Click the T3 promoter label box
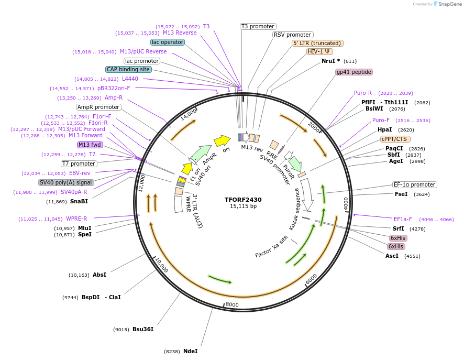pyautogui.click(x=258, y=26)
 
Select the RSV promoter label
pyautogui.click(x=292, y=35)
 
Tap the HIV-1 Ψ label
pyautogui.click(x=319, y=51)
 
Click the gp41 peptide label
pyautogui.click(x=354, y=72)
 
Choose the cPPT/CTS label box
pyautogui.click(x=395, y=139)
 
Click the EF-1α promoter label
pyautogui.click(x=414, y=184)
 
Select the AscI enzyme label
pyautogui.click(x=392, y=256)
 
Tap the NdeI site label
pyautogui.click(x=190, y=351)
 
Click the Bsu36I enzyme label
pyautogui.click(x=142, y=329)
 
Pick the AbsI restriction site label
pyautogui.click(x=100, y=275)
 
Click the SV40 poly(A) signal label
pyautogui.click(x=66, y=182)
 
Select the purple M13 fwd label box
pyautogui.click(x=90, y=145)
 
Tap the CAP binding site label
pyautogui.click(x=128, y=69)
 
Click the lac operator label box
pyautogui.click(x=167, y=42)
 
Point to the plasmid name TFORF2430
pyautogui.click(x=243, y=200)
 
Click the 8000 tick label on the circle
pyautogui.click(x=231, y=304)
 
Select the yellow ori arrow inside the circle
pyautogui.click(x=222, y=140)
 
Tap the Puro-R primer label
pyautogui.click(x=362, y=93)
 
